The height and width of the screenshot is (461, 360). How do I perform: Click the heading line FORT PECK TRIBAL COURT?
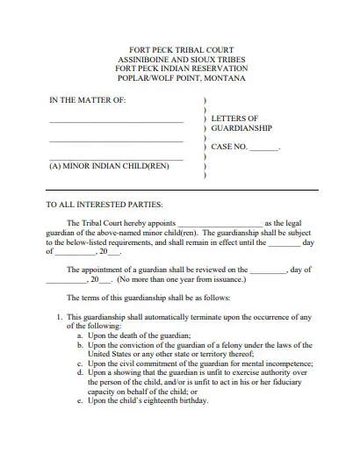pyautogui.click(x=180, y=50)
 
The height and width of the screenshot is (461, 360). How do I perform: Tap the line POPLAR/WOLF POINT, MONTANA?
pyautogui.click(x=180, y=78)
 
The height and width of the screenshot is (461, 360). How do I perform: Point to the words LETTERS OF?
pyautogui.click(x=234, y=118)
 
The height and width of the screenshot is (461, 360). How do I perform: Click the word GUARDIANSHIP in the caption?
pyautogui.click(x=241, y=127)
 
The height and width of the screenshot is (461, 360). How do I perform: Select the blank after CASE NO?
pyautogui.click(x=263, y=148)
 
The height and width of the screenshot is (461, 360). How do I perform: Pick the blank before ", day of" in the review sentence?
pyautogui.click(x=269, y=271)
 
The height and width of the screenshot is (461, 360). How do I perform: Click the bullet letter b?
pyautogui.click(x=79, y=344)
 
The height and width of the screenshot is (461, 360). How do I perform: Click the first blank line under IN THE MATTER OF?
pyautogui.click(x=116, y=121)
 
